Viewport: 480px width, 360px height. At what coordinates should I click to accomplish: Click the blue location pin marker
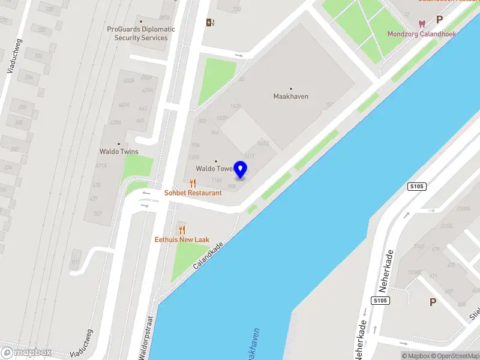[241, 169]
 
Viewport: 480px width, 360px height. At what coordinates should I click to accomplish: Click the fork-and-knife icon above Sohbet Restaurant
[193, 183]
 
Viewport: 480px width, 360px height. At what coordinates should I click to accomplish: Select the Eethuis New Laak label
[182, 239]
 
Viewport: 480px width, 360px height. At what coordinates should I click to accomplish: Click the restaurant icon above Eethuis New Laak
[182, 230]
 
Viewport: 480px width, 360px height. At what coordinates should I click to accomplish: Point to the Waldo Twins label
[119, 152]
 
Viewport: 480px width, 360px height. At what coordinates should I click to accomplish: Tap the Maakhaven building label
[291, 96]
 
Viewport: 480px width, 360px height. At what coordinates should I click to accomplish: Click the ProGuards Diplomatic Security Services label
[141, 33]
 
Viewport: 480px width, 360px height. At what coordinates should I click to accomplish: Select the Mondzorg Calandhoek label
[421, 34]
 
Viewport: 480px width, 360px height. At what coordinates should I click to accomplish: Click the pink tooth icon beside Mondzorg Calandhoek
[421, 24]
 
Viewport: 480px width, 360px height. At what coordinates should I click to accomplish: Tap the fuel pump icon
[210, 23]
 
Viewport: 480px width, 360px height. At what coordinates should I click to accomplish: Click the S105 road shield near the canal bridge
[416, 187]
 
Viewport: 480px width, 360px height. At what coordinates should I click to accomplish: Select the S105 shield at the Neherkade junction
[379, 300]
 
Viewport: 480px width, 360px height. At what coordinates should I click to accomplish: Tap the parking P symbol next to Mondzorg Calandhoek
[439, 19]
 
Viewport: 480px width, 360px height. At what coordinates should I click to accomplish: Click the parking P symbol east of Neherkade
[433, 302]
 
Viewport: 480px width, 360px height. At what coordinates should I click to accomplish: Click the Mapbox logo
[25, 352]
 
